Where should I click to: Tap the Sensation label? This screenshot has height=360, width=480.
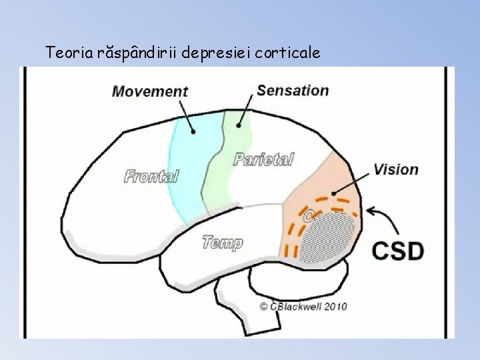point(292,90)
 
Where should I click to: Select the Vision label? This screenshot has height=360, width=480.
point(396,169)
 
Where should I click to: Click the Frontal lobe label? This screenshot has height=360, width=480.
point(152,176)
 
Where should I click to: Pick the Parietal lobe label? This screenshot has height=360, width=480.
point(263,159)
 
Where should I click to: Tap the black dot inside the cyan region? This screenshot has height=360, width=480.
point(193,132)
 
